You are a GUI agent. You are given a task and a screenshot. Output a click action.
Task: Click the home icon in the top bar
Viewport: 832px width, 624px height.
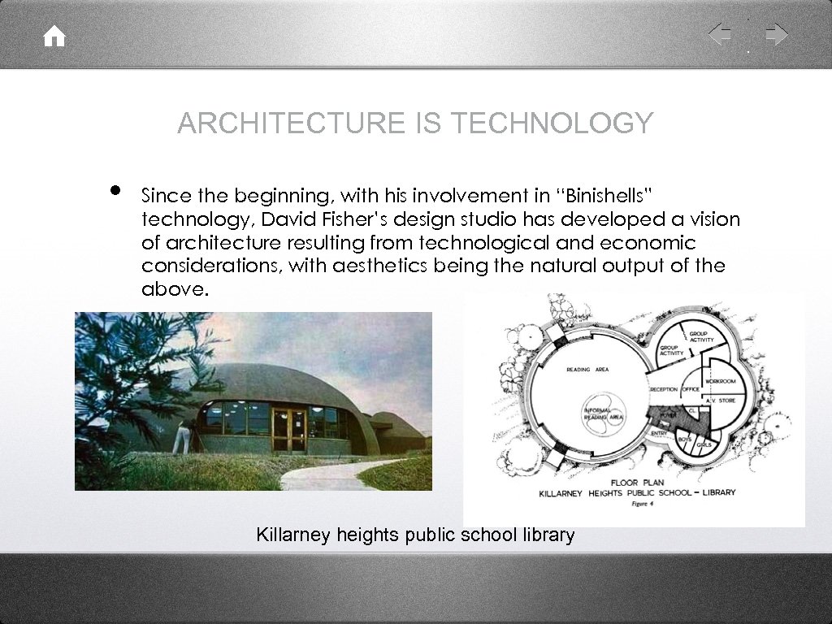(54, 37)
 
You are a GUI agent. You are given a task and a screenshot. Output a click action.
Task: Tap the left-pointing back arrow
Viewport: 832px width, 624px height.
(720, 35)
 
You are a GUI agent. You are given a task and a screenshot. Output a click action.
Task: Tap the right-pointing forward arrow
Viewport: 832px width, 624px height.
(777, 35)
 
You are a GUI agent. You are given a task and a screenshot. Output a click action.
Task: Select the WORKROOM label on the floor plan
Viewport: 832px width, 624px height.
(721, 380)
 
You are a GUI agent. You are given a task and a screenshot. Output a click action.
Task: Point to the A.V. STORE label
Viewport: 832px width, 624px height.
(720, 401)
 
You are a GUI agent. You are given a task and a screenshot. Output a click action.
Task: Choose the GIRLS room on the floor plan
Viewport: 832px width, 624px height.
(704, 445)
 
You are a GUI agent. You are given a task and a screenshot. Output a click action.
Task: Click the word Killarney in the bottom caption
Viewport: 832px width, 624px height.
(288, 535)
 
